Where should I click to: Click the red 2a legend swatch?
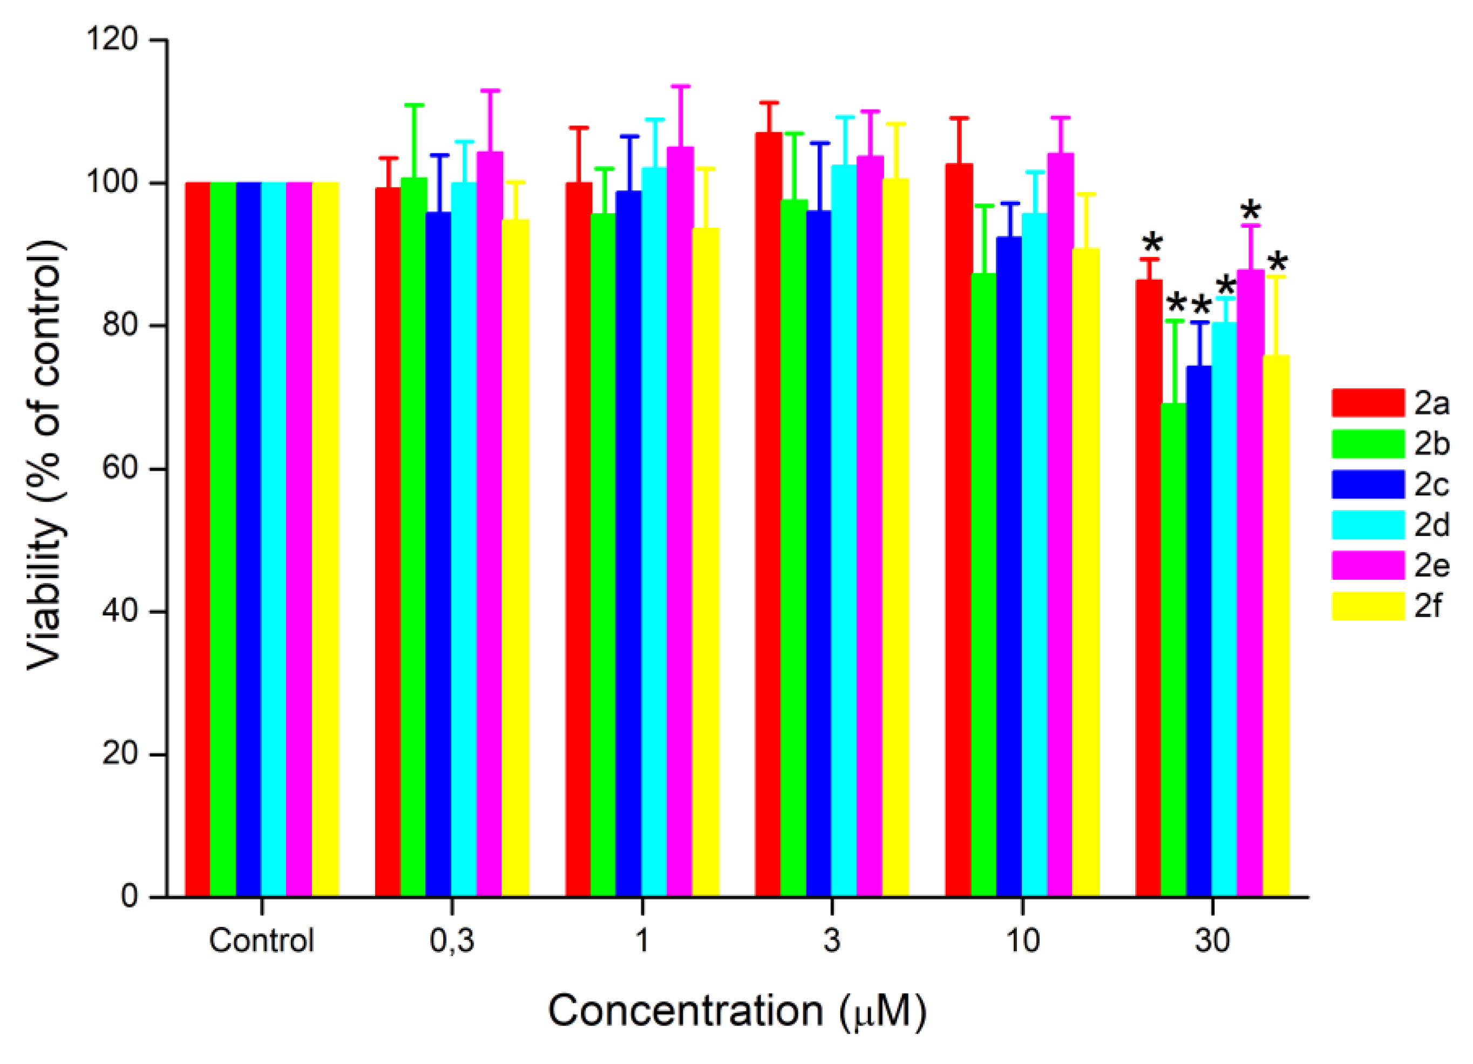click(x=1367, y=403)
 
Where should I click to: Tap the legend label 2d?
click(x=1431, y=524)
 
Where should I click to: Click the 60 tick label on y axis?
click(x=121, y=469)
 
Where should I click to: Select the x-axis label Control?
click(x=261, y=940)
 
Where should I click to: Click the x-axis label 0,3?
click(x=451, y=940)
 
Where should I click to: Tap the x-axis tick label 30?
click(x=1212, y=940)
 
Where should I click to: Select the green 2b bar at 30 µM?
click(x=1173, y=649)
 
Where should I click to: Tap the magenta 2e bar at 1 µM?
click(x=680, y=520)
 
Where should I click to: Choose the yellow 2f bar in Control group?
click(x=325, y=539)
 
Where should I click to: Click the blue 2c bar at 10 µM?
click(x=1009, y=565)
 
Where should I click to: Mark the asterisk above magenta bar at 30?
click(x=1250, y=211)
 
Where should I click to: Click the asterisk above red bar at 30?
click(x=1152, y=244)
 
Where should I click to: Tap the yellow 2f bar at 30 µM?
click(x=1275, y=624)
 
